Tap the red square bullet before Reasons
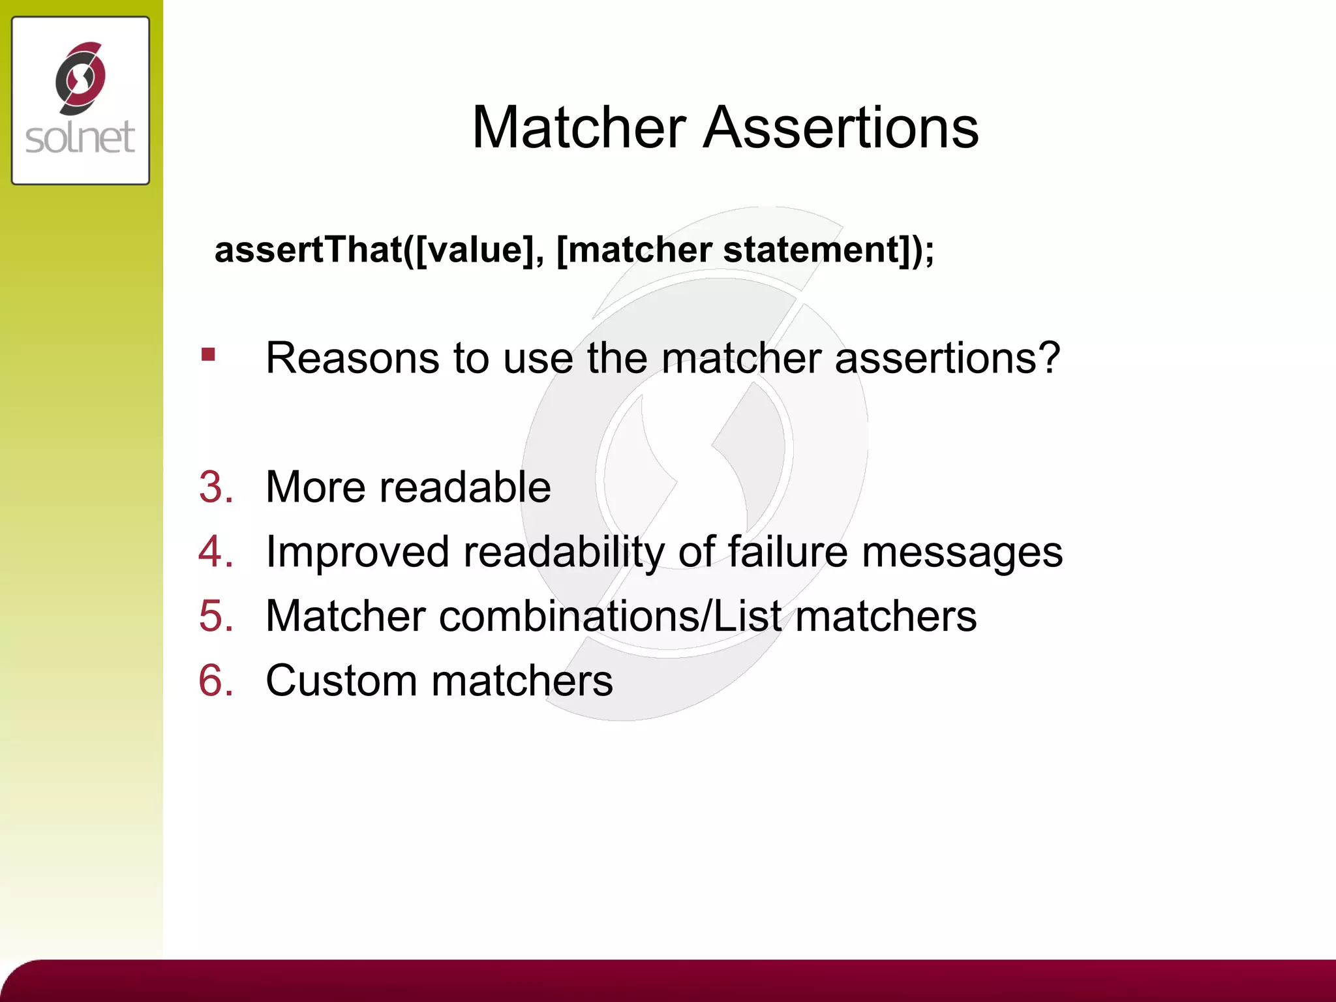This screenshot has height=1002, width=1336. [208, 354]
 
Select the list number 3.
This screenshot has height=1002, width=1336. [215, 487]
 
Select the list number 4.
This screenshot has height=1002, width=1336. [215, 551]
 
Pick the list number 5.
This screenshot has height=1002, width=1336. [215, 616]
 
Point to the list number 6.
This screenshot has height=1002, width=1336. [215, 680]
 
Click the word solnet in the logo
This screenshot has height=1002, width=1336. [80, 138]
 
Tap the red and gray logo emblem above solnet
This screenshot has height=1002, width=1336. [80, 78]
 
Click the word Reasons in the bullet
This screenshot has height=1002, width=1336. [352, 358]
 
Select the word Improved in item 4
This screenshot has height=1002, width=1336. [357, 551]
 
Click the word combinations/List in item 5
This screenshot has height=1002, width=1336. [610, 616]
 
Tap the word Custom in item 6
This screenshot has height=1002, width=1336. [341, 680]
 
